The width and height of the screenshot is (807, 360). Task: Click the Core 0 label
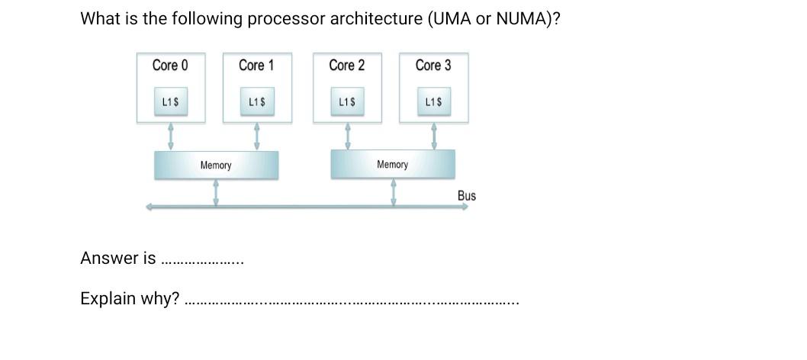(x=169, y=66)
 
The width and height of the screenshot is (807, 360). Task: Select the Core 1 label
(x=256, y=66)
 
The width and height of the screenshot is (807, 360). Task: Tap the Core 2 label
(x=346, y=66)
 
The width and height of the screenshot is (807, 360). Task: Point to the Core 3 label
(x=432, y=66)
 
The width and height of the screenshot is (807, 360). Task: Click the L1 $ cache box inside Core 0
(x=172, y=101)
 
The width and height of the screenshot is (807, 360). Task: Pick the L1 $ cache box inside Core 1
(x=257, y=101)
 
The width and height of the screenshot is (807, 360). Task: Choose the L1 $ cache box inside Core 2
(x=348, y=101)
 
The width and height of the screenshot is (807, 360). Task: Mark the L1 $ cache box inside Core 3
(x=434, y=101)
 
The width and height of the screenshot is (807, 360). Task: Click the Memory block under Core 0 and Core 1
(x=216, y=165)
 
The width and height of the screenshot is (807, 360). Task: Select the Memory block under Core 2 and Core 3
(x=392, y=165)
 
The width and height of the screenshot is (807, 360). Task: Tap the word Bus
(x=466, y=196)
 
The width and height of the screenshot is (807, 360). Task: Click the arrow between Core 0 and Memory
(x=171, y=137)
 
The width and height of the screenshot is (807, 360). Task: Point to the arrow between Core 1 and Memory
(x=257, y=137)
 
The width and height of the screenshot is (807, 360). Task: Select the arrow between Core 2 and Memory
(x=348, y=137)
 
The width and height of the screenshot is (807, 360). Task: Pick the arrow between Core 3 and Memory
(x=434, y=137)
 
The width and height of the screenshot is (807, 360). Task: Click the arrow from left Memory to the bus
(x=217, y=192)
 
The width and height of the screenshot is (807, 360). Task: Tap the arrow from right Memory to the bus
(x=394, y=192)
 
